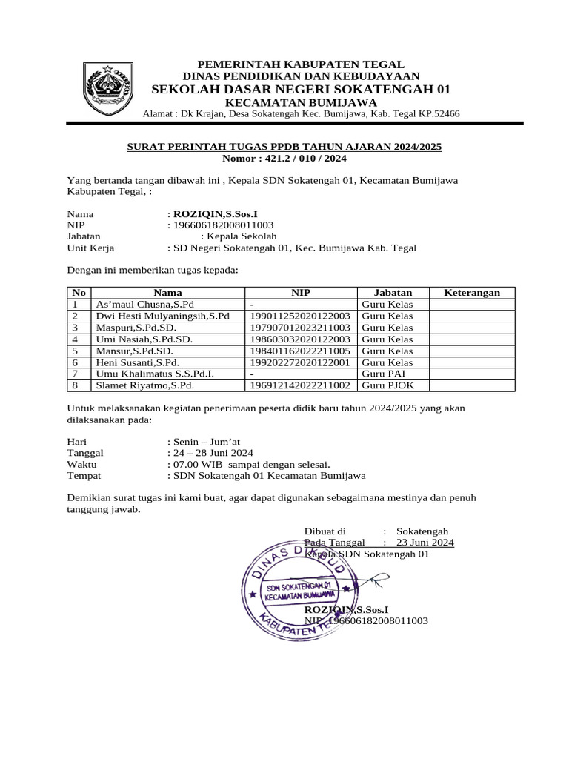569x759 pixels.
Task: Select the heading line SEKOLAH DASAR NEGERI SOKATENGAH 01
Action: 301,89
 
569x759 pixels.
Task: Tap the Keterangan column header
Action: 471,293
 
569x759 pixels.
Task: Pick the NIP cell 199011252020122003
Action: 301,316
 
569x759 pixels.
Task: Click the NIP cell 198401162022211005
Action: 301,351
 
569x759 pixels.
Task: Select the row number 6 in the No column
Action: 75,363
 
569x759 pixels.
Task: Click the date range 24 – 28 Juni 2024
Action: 213,452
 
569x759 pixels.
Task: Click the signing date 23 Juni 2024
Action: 425,543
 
